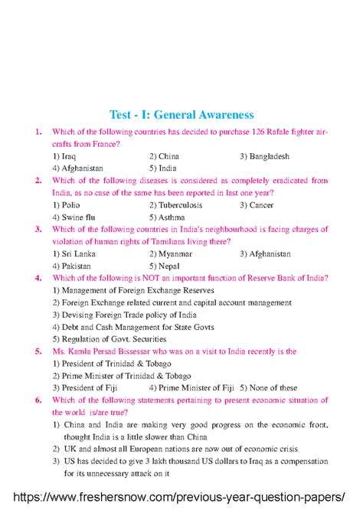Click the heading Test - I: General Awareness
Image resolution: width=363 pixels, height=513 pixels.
coord(181,115)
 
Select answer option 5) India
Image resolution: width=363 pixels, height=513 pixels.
coord(162,168)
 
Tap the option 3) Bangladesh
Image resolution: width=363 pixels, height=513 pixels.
coord(264,156)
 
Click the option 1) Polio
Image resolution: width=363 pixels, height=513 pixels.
coord(67,205)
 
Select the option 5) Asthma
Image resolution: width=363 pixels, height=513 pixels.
coord(168,217)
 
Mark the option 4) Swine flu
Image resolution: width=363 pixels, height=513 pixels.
coord(74,217)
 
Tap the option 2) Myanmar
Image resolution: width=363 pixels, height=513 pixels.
coord(171,253)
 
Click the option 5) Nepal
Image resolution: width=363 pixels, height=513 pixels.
coord(165,266)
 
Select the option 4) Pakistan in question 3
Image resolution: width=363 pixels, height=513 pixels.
coord(71,266)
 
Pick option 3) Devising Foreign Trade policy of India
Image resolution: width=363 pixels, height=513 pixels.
coord(125,315)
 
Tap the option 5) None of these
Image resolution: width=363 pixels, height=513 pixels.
coord(268,387)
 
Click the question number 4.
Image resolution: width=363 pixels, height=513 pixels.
coord(38,278)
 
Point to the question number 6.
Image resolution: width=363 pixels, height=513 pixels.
coord(38,400)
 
